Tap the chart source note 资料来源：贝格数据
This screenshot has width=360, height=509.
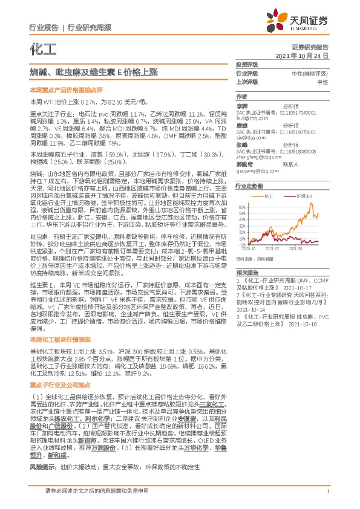coord(255,258)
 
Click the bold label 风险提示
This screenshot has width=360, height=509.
coord(42,467)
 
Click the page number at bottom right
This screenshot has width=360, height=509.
coord(327,492)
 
